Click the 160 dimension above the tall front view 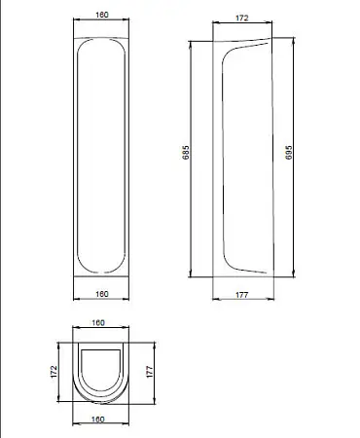click(x=102, y=15)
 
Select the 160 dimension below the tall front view click(x=102, y=294)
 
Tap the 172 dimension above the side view click(x=242, y=18)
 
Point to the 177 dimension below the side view click(x=242, y=295)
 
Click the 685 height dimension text click(x=186, y=152)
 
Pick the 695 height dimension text click(x=289, y=152)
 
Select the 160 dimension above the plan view click(x=98, y=322)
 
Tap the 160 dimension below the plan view click(x=98, y=419)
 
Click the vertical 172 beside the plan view click(x=54, y=372)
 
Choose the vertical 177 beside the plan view click(x=149, y=372)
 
